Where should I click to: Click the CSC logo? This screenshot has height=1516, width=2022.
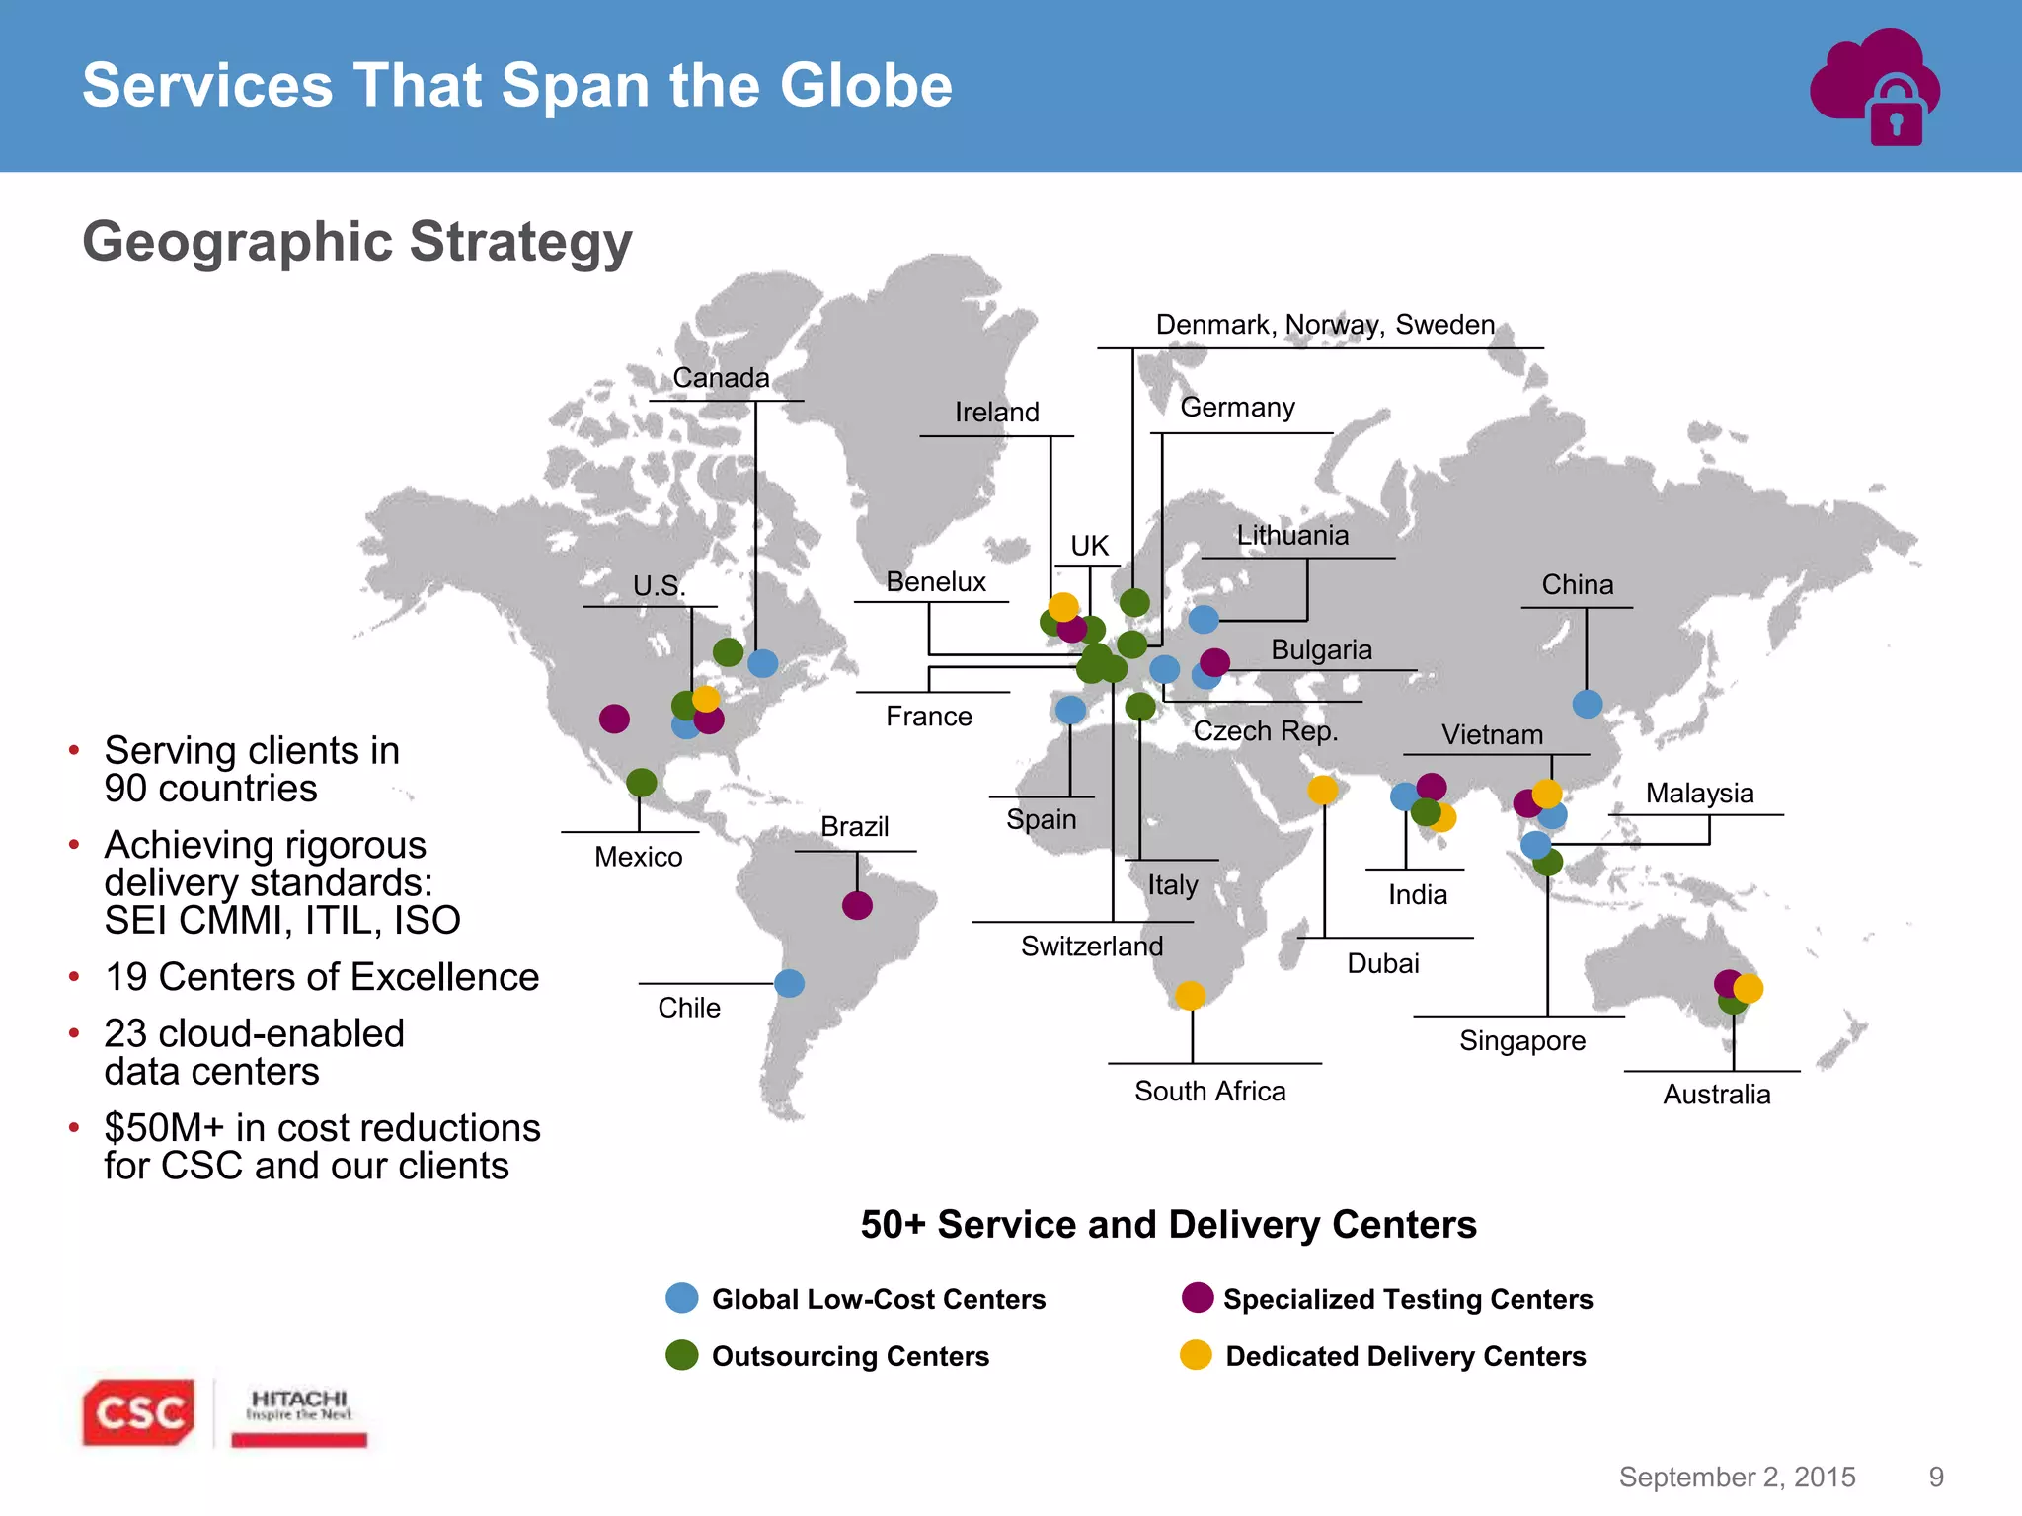[138, 1412]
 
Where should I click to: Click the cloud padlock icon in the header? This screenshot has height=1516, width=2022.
[1875, 88]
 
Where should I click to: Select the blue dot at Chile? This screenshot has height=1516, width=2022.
[790, 983]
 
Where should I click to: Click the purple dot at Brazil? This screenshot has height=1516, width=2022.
[857, 905]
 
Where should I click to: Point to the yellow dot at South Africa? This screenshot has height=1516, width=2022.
[1191, 995]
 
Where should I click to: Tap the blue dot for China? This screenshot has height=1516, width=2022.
[1588, 704]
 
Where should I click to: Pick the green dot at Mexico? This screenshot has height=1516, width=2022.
[642, 783]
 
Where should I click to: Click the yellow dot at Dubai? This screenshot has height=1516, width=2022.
[1323, 790]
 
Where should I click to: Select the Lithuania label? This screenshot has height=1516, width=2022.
[1292, 536]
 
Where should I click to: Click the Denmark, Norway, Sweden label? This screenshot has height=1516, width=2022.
[1325, 325]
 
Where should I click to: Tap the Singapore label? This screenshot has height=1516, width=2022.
[1522, 1041]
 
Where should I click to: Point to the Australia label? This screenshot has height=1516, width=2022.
[1717, 1095]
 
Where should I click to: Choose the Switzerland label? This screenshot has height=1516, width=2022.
[1092, 947]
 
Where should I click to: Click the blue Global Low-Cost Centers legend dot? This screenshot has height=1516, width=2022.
[682, 1298]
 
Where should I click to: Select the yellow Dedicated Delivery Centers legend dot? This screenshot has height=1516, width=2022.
[1196, 1355]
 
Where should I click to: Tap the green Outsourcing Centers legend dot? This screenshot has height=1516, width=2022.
[682, 1355]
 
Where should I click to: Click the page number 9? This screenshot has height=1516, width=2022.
[1936, 1477]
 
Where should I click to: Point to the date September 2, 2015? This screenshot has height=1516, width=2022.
[1737, 1477]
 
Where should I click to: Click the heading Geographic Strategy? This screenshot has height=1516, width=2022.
[357, 242]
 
